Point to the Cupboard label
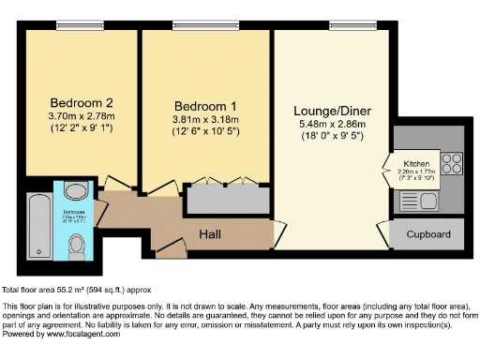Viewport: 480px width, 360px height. point(427,234)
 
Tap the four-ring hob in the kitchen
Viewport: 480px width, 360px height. point(451,163)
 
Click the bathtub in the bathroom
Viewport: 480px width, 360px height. point(39,225)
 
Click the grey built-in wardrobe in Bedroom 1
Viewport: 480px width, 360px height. point(225,199)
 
